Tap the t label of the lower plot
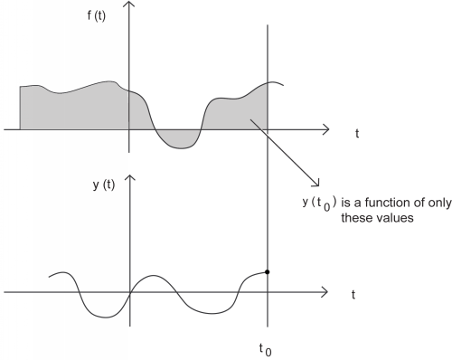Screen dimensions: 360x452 coord(350,294)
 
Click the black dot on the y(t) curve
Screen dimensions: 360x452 coord(268,271)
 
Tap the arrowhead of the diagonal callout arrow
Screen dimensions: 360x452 coord(314,182)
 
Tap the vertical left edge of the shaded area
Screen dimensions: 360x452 coord(20,109)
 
